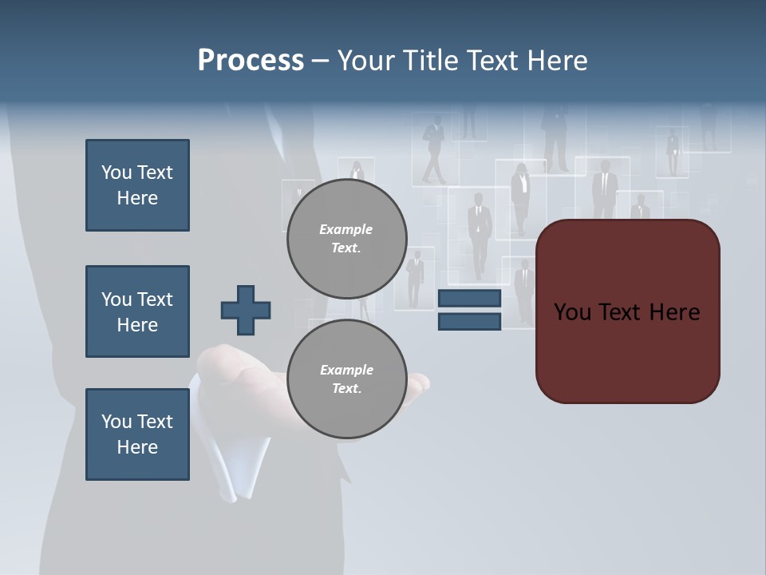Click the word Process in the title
[251, 61]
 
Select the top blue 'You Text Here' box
[137, 185]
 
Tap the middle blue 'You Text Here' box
[137, 311]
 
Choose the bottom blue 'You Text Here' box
[137, 434]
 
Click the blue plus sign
[246, 310]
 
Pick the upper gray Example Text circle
[346, 239]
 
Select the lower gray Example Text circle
[346, 379]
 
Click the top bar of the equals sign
[469, 299]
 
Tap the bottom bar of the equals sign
[469, 322]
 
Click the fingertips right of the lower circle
[418, 384]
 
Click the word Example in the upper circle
[346, 229]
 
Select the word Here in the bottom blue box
[137, 447]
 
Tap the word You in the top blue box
[116, 172]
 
